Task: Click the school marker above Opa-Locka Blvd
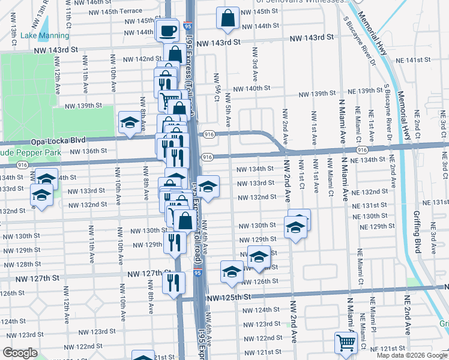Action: tap(129, 123)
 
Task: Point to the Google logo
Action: tap(20, 353)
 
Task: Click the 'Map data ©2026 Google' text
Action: tap(412, 355)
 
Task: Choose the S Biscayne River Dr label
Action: tap(356, 41)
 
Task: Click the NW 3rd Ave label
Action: tap(255, 64)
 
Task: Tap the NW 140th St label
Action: tap(252, 88)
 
